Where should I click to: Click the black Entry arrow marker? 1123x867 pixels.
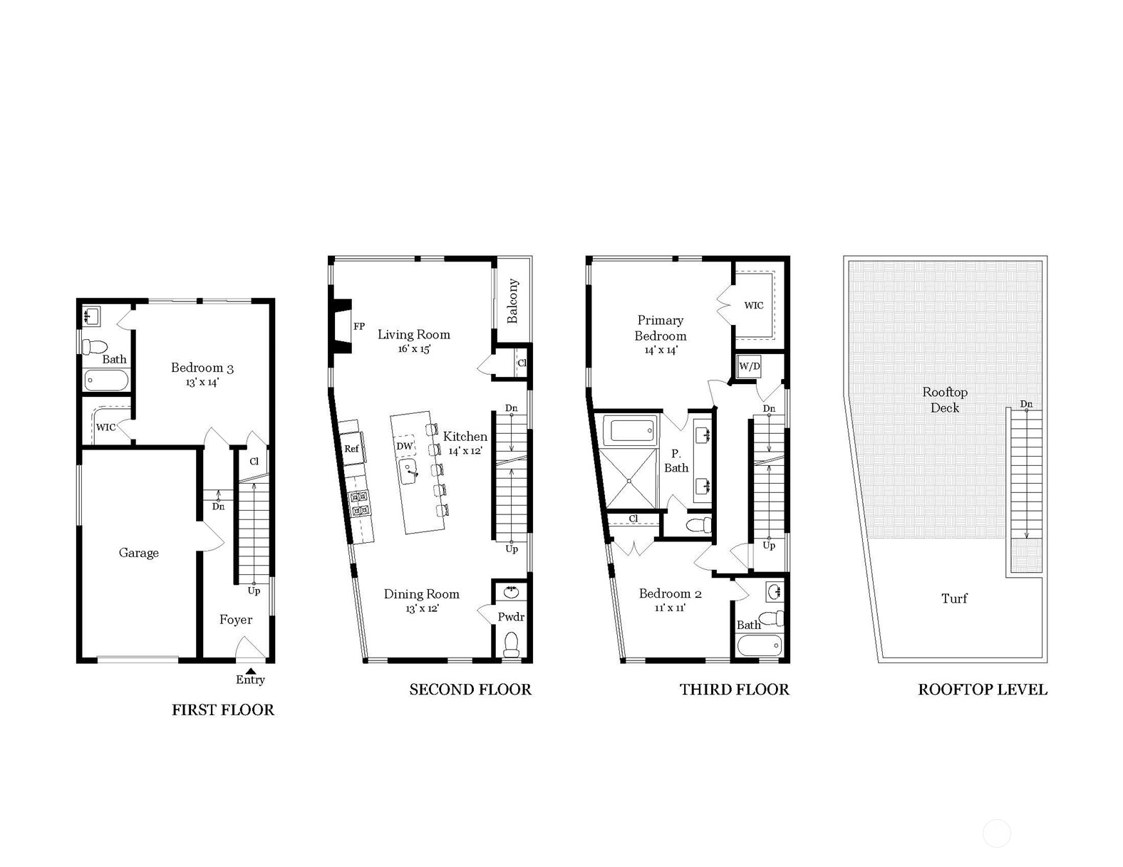pyautogui.click(x=250, y=670)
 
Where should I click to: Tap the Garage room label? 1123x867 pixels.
pyautogui.click(x=138, y=553)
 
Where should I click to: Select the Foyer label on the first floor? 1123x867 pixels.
pyautogui.click(x=236, y=620)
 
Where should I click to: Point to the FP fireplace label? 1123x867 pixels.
pyautogui.click(x=359, y=326)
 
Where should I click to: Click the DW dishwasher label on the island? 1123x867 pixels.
pyautogui.click(x=404, y=446)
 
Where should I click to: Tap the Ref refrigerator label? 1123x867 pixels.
pyautogui.click(x=351, y=449)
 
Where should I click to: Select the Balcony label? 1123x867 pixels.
pyautogui.click(x=512, y=301)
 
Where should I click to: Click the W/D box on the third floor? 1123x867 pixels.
pyautogui.click(x=749, y=366)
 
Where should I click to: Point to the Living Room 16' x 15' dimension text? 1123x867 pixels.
pyautogui.click(x=414, y=349)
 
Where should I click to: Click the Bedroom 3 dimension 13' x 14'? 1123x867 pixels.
pyautogui.click(x=202, y=383)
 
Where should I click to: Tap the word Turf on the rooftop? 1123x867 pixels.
pyautogui.click(x=954, y=598)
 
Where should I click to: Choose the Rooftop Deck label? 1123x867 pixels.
pyautogui.click(x=945, y=400)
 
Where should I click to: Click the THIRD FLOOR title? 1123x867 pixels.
pyautogui.click(x=735, y=690)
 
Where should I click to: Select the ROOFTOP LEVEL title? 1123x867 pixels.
pyautogui.click(x=983, y=690)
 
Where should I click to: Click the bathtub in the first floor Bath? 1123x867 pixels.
pyautogui.click(x=106, y=381)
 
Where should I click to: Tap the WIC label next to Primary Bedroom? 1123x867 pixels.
pyautogui.click(x=753, y=306)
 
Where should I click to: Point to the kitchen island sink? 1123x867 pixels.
pyautogui.click(x=409, y=471)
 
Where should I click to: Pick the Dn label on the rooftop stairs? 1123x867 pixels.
pyautogui.click(x=1026, y=404)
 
